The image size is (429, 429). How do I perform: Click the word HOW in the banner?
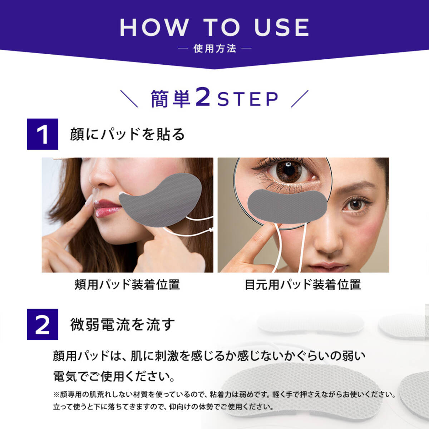(154, 27)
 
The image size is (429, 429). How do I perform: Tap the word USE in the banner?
(282, 27)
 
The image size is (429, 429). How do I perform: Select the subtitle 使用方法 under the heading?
(214, 49)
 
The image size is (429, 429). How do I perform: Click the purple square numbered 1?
(43, 134)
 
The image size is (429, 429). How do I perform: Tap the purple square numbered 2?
(43, 324)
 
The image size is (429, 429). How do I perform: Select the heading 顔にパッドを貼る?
(127, 134)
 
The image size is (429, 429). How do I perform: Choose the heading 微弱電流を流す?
(123, 324)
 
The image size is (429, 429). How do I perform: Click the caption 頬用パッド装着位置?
(127, 285)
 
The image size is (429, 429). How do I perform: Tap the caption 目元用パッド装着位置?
(303, 285)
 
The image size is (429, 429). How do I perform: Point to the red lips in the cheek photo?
(105, 208)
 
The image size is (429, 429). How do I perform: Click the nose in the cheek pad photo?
(101, 176)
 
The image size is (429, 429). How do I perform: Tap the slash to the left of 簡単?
(129, 99)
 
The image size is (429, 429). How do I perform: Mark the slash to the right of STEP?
(300, 99)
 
